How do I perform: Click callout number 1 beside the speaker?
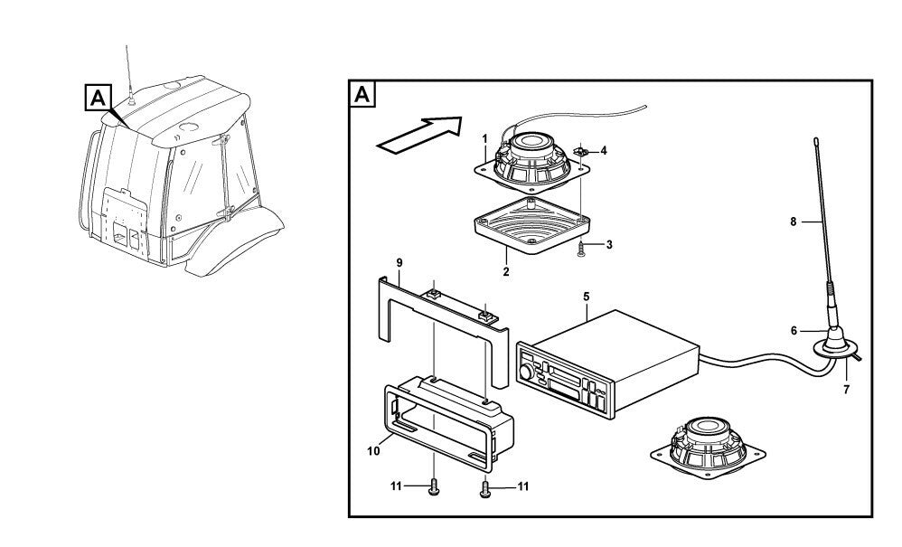[484, 138]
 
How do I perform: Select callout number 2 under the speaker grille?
[506, 270]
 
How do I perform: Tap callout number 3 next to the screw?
[610, 245]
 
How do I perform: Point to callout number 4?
[604, 150]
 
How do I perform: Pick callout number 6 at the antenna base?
[794, 331]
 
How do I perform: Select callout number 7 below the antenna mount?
[847, 391]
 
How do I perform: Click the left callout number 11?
[396, 486]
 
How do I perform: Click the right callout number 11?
[522, 486]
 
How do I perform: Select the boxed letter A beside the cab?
[98, 96]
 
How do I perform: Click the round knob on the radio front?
[526, 373]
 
